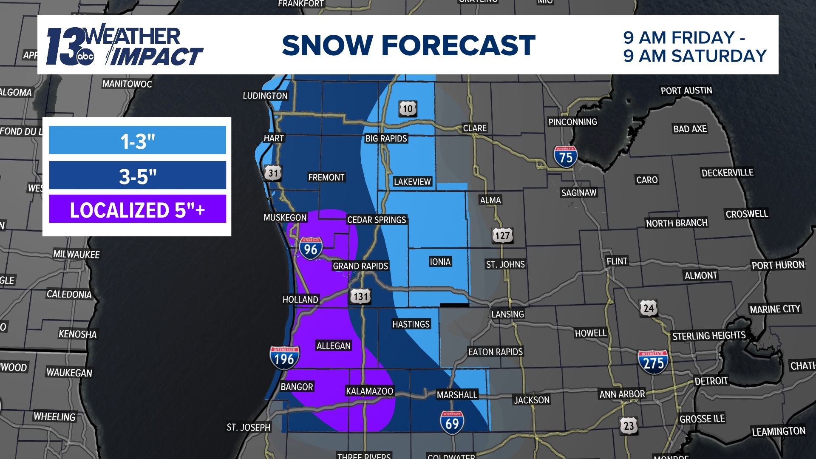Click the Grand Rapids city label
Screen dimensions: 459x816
click(x=360, y=266)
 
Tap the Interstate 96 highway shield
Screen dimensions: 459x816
click(x=311, y=248)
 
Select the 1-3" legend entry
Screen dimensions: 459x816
click(x=137, y=140)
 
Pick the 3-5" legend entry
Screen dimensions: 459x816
click(x=137, y=175)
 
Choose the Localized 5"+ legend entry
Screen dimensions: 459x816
click(x=137, y=209)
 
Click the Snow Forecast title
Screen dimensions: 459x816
click(x=408, y=45)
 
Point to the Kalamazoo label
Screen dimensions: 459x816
click(x=369, y=391)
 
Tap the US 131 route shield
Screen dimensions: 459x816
click(x=360, y=296)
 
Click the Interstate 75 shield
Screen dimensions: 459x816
click(x=566, y=156)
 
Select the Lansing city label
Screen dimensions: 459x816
click(x=507, y=314)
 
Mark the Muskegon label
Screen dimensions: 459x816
click(x=285, y=218)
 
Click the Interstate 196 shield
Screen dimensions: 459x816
click(x=284, y=358)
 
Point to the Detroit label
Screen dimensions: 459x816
click(x=711, y=381)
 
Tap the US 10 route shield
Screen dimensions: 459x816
click(x=408, y=109)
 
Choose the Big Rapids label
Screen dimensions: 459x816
click(x=386, y=139)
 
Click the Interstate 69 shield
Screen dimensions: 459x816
click(x=452, y=422)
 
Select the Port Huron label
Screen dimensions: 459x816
click(x=778, y=265)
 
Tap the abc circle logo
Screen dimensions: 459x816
click(x=85, y=57)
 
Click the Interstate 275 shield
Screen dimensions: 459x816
click(x=653, y=362)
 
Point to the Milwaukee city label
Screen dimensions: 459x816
click(x=76, y=254)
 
